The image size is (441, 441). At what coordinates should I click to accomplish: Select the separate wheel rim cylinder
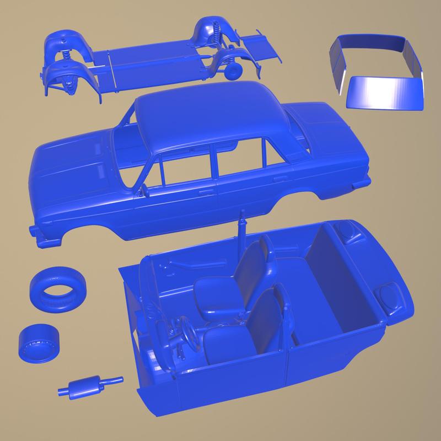pyautogui.click(x=39, y=342)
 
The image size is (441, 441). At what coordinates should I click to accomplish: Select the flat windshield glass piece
pyautogui.click(x=386, y=92)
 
